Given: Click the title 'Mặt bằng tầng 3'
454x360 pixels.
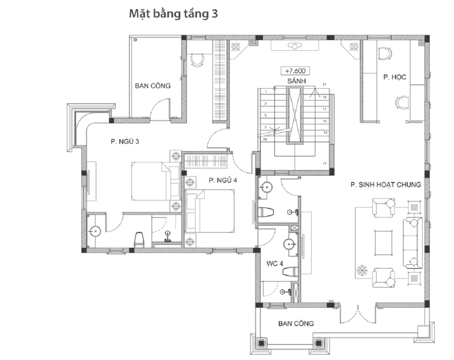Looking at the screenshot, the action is pyautogui.click(x=173, y=14).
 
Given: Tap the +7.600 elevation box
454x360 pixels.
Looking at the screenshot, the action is pyautogui.click(x=295, y=71).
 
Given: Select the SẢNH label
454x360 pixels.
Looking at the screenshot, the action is pyautogui.click(x=296, y=81).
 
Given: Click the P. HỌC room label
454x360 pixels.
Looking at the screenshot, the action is pyautogui.click(x=395, y=77).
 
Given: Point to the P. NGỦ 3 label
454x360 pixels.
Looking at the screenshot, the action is pyautogui.click(x=125, y=142).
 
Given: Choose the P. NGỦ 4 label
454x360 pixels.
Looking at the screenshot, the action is pyautogui.click(x=223, y=180).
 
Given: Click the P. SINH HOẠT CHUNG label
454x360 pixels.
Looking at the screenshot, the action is pyautogui.click(x=386, y=185).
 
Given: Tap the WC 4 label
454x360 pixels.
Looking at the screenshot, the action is pyautogui.click(x=275, y=263).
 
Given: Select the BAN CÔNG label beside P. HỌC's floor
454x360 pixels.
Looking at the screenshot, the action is pyautogui.click(x=153, y=86).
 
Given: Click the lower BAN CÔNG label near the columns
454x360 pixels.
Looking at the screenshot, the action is pyautogui.click(x=296, y=324).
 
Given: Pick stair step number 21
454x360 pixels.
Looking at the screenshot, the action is pyautogui.click(x=325, y=84).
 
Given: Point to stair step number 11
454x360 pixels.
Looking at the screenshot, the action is pyautogui.click(x=325, y=164).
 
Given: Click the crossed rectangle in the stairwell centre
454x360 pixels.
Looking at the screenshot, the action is pyautogui.click(x=295, y=115).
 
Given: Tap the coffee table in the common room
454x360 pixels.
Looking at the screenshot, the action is pyautogui.click(x=384, y=243).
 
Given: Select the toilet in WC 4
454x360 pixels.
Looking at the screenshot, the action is pyautogui.click(x=290, y=272).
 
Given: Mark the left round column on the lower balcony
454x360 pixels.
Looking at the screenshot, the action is pyautogui.click(x=261, y=343).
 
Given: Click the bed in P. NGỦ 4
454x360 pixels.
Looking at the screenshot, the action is pyautogui.click(x=210, y=211).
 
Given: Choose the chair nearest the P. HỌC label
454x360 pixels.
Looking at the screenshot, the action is pyautogui.click(x=385, y=53).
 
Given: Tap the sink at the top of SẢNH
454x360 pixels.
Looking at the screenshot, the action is pyautogui.click(x=294, y=46).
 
